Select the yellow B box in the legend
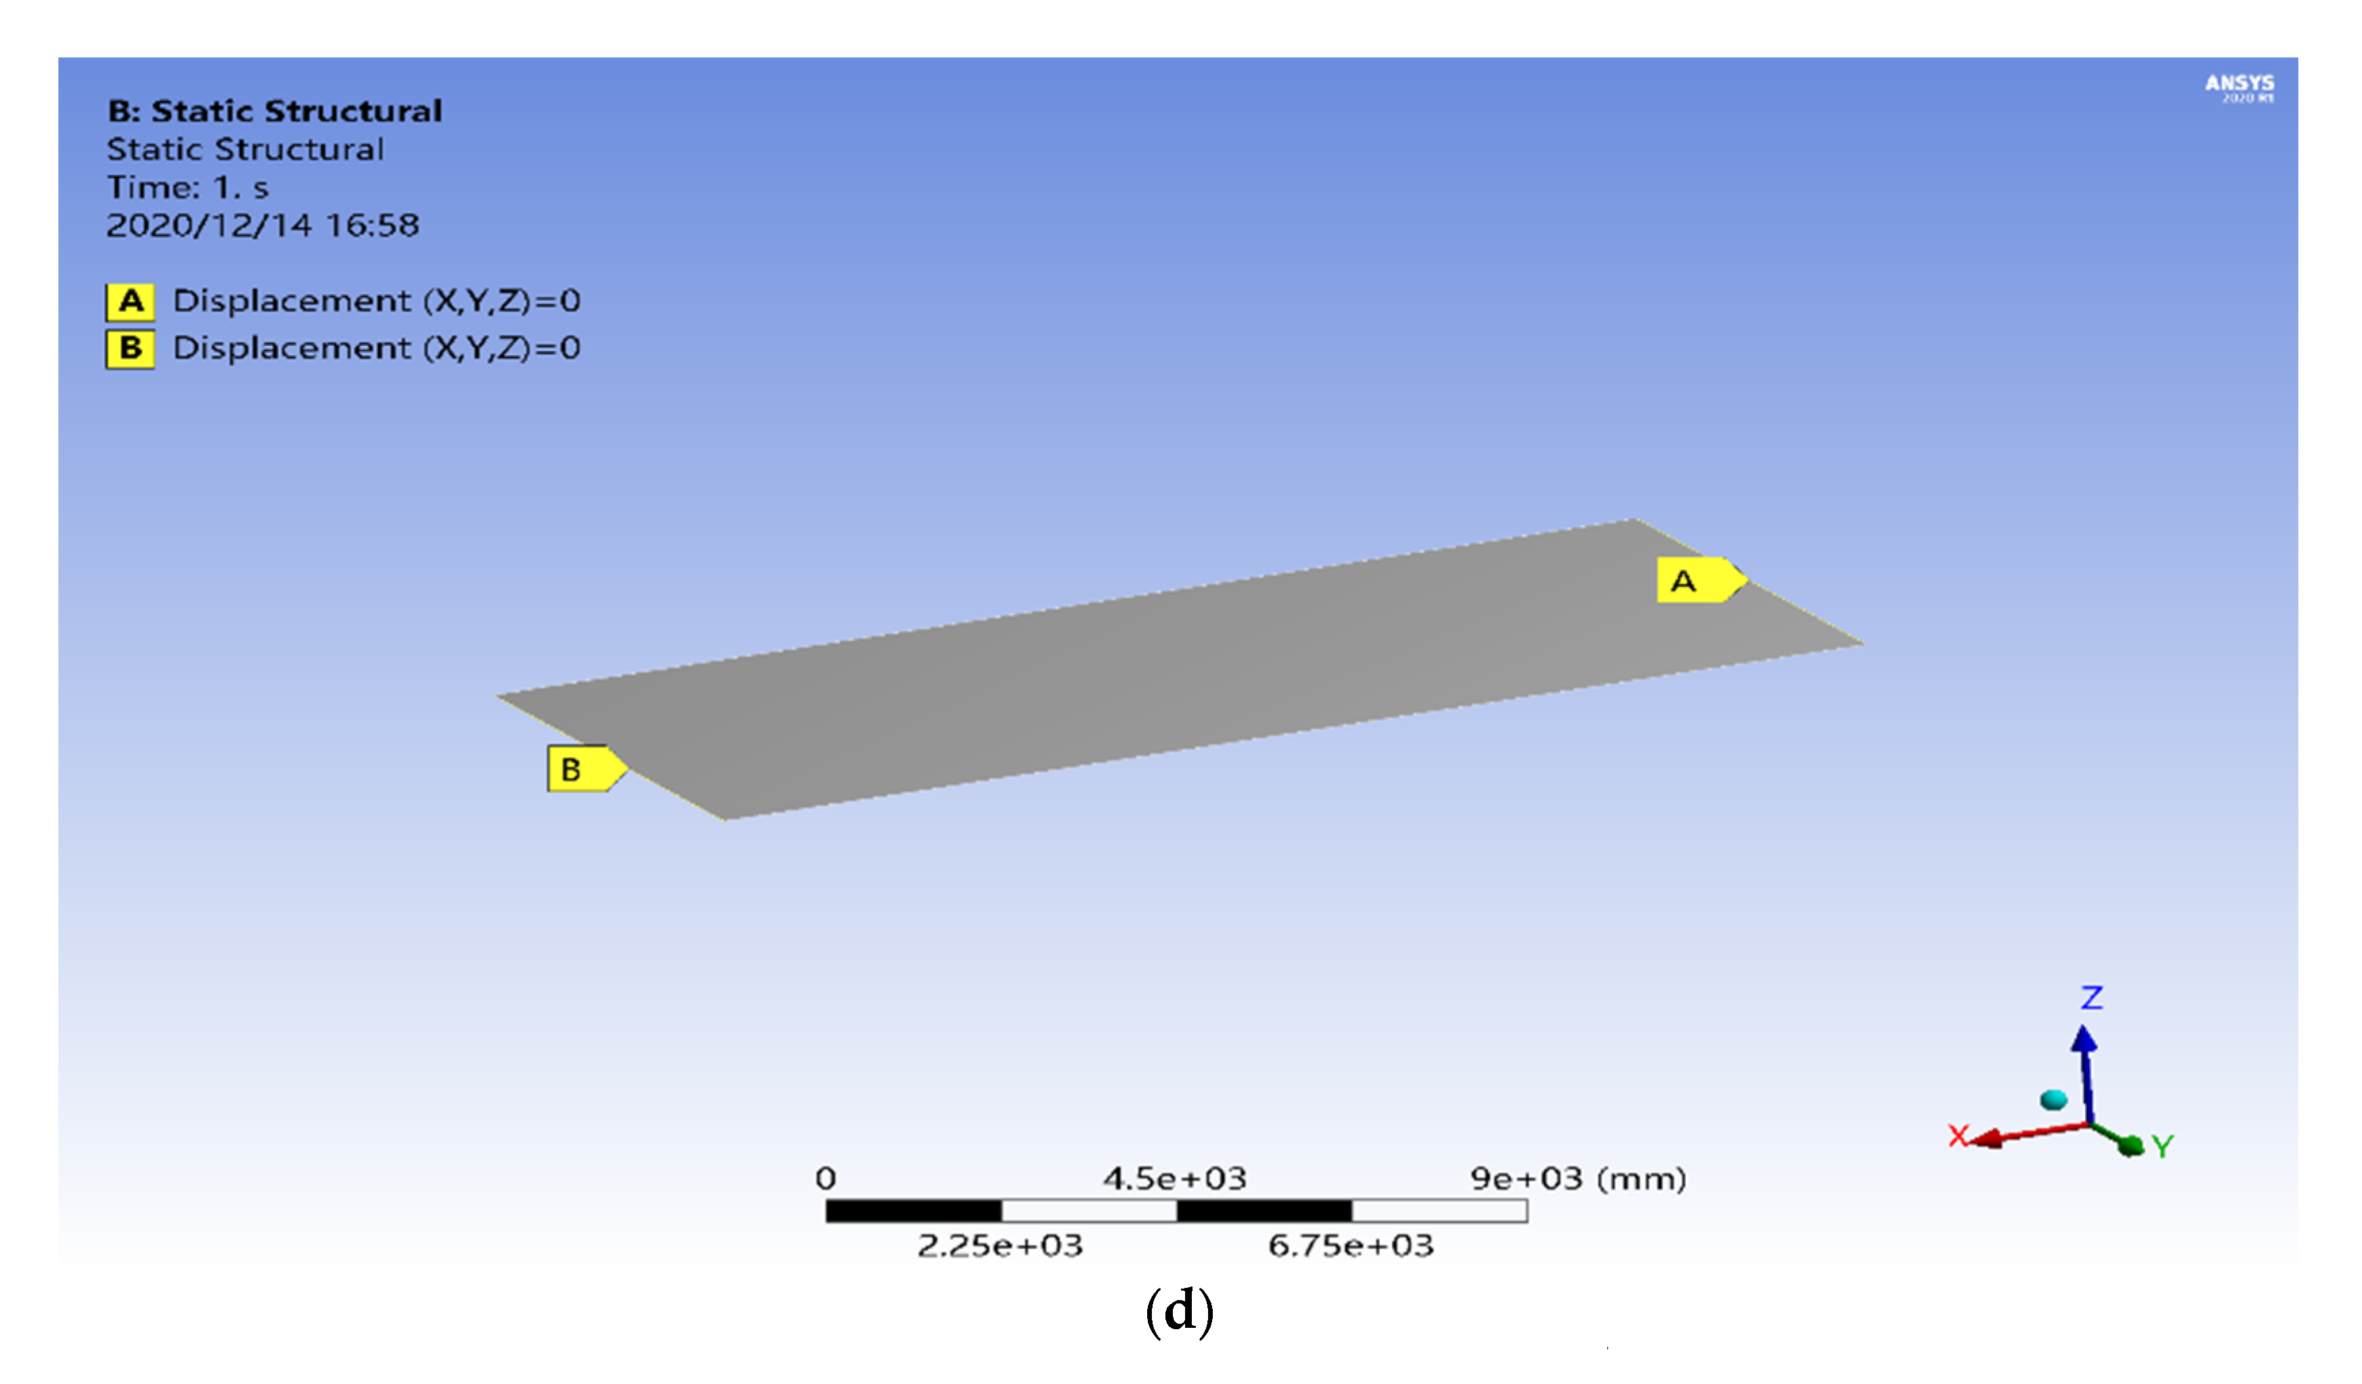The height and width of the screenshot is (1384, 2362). point(131,349)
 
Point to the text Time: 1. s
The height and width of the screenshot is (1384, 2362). point(187,188)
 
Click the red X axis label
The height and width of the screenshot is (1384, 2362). point(1958,1136)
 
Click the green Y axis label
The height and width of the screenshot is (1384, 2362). point(2162,1146)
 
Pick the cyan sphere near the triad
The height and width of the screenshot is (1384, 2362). point(2053,1099)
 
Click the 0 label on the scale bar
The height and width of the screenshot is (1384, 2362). point(825,1178)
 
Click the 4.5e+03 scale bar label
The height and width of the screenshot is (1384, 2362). point(1174,1178)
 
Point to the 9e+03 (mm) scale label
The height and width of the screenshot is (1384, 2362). point(1578,1178)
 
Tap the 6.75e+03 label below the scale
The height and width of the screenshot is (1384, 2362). point(1351,1246)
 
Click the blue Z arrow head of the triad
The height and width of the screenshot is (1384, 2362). point(2084,1038)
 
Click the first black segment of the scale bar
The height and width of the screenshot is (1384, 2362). point(913,1211)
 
